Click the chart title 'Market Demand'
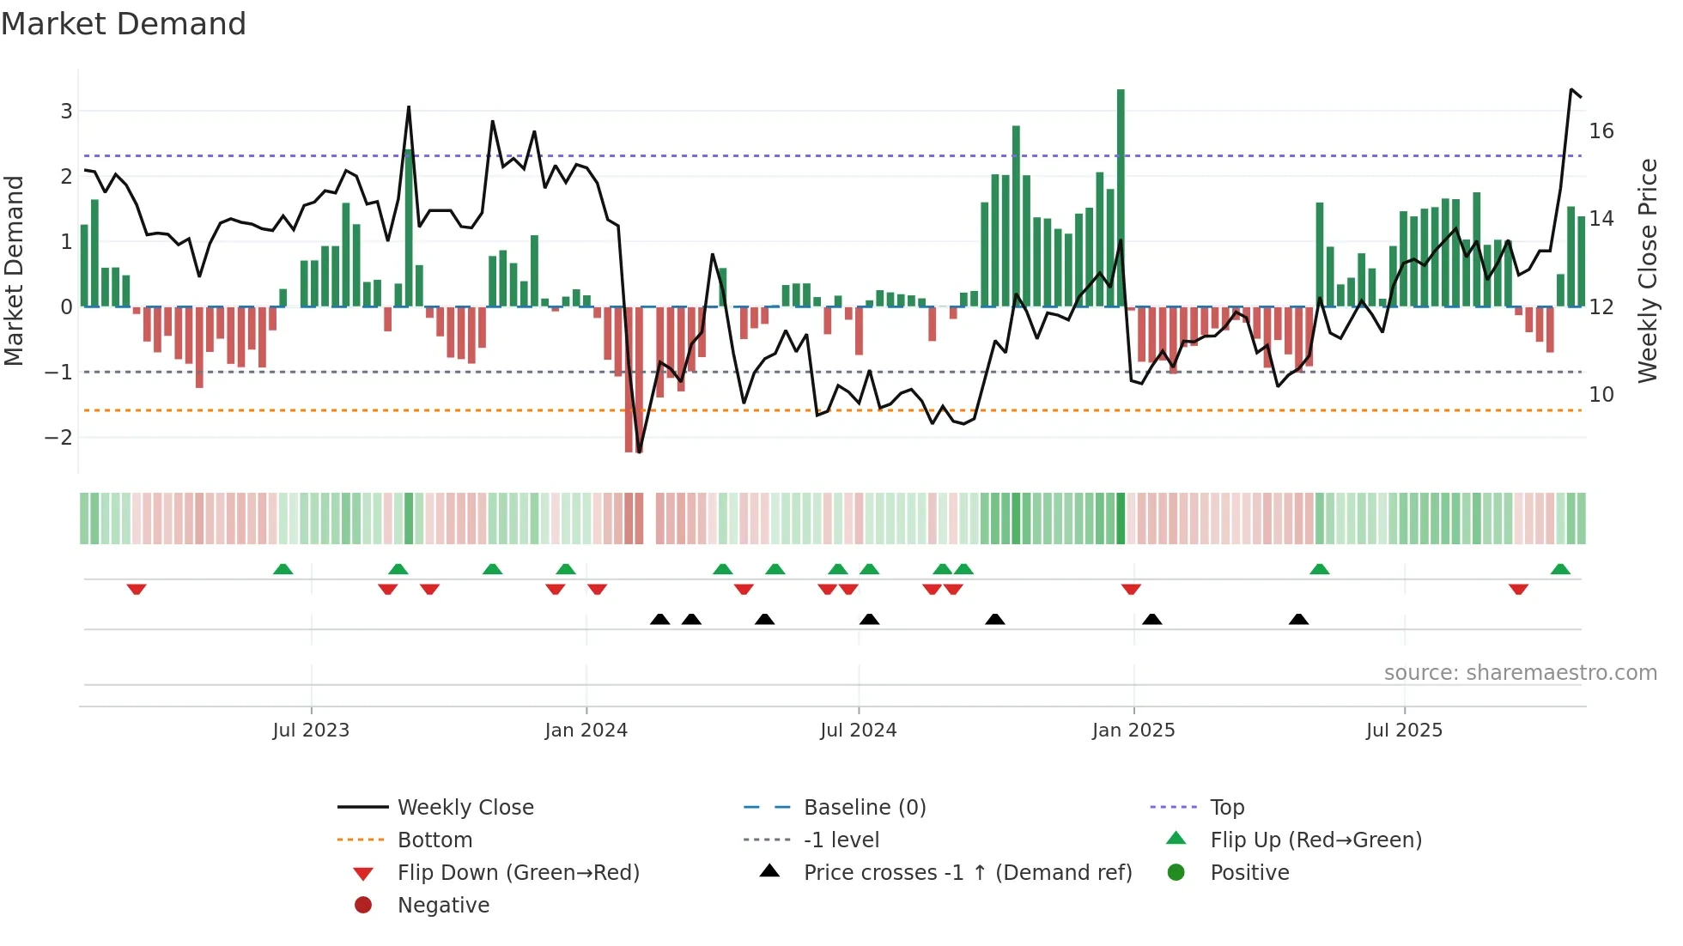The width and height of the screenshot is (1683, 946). pyautogui.click(x=124, y=24)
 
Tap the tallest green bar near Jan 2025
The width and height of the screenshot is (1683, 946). pyautogui.click(x=1121, y=197)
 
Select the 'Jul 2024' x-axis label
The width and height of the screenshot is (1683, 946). pyautogui.click(x=858, y=731)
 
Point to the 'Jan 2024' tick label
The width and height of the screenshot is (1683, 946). pyautogui.click(x=586, y=731)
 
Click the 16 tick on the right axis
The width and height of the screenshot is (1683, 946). pyautogui.click(x=1601, y=131)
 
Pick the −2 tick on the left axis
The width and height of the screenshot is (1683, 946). pyautogui.click(x=58, y=438)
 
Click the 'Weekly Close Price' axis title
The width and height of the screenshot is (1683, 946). pyautogui.click(x=1648, y=270)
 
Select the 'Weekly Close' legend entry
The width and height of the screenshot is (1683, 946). pyautogui.click(x=465, y=808)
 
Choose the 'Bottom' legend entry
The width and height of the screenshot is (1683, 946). pyautogui.click(x=434, y=840)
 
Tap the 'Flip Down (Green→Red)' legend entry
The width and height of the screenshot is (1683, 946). pyautogui.click(x=518, y=873)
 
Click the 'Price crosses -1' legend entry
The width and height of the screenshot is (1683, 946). pyautogui.click(x=967, y=873)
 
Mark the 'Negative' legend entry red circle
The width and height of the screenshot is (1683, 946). pyautogui.click(x=363, y=906)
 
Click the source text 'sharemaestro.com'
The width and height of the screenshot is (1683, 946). pyautogui.click(x=1520, y=673)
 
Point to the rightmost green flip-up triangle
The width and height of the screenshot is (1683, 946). pyautogui.click(x=1560, y=569)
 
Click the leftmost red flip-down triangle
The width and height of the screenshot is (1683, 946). pyautogui.click(x=137, y=589)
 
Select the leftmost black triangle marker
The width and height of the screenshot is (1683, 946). pyautogui.click(x=659, y=619)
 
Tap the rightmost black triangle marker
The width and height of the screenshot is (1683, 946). pyautogui.click(x=1298, y=619)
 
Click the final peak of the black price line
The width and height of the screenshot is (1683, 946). pyautogui.click(x=1571, y=89)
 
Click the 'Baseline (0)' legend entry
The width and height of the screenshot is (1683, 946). pyautogui.click(x=864, y=808)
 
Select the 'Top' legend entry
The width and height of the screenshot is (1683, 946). pyautogui.click(x=1226, y=808)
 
